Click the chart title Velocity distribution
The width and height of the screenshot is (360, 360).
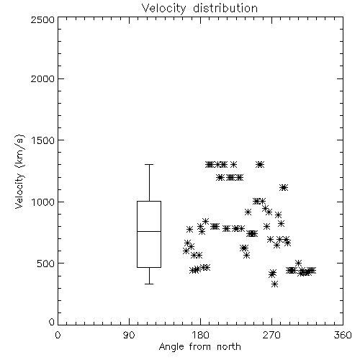point(199,8)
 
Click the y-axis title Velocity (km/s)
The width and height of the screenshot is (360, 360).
point(19,171)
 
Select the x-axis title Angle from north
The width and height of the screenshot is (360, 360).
point(199,346)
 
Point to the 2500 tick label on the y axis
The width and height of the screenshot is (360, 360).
point(42,19)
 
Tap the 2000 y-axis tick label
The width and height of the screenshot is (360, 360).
point(42,78)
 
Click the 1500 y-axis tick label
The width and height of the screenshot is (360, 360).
point(43,140)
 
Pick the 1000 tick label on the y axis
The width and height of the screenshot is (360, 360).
point(43,202)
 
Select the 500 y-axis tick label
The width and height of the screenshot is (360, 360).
point(46,264)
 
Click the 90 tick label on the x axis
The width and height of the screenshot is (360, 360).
point(129,335)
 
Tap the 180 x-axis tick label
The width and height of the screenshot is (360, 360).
point(201,335)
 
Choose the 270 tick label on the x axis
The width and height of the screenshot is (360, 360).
point(271,335)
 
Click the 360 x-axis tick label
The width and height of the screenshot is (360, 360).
point(343,335)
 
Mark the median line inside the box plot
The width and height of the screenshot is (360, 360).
point(149,231)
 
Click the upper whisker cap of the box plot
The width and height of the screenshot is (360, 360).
point(149,165)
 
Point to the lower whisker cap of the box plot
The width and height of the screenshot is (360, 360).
point(149,284)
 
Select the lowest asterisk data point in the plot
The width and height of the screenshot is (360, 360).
point(275,284)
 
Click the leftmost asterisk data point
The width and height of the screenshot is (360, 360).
point(186,251)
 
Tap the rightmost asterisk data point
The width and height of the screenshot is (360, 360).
point(312,271)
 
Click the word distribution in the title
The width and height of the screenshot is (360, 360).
point(225,8)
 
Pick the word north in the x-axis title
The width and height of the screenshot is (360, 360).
point(229,346)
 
